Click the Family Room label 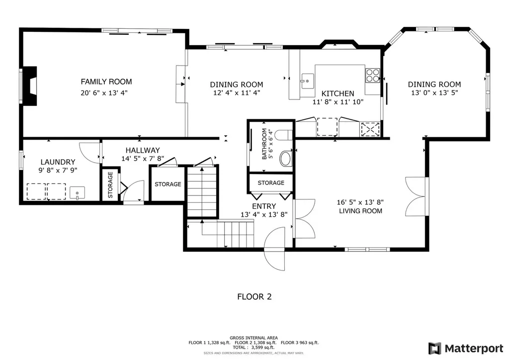click(x=106, y=82)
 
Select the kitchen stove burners click(x=373, y=75)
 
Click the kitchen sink click(x=307, y=81)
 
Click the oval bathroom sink click(x=286, y=159)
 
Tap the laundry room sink click(x=77, y=193)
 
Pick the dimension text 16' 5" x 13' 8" click(x=360, y=202)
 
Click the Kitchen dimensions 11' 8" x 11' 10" click(x=338, y=102)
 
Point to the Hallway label click(x=143, y=150)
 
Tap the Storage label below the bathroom click(x=271, y=183)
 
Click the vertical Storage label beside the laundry click(x=110, y=184)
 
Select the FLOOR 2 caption click(x=254, y=297)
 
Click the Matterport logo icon click(x=434, y=348)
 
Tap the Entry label click(x=264, y=206)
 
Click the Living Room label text click(x=360, y=211)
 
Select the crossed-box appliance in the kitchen click(x=370, y=129)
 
